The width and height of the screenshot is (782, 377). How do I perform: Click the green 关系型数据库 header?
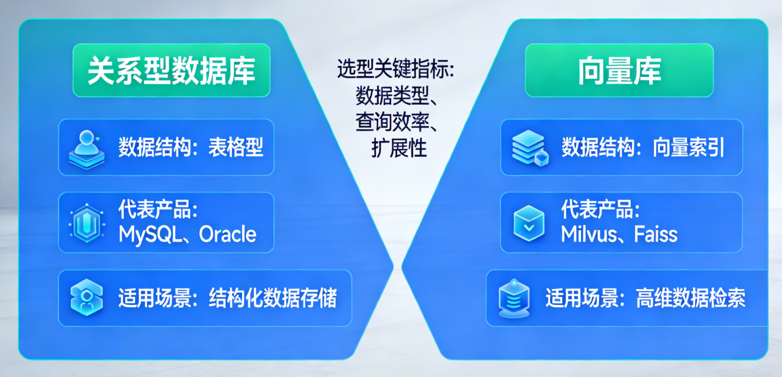(171, 70)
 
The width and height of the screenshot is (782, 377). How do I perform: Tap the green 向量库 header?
(619, 70)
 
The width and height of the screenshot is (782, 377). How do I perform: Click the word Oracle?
(228, 235)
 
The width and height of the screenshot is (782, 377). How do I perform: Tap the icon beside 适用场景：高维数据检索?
(514, 298)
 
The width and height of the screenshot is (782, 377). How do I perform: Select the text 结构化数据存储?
(272, 298)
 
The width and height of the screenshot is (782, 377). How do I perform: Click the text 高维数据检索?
(690, 298)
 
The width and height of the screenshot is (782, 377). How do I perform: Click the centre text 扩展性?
(399, 148)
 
